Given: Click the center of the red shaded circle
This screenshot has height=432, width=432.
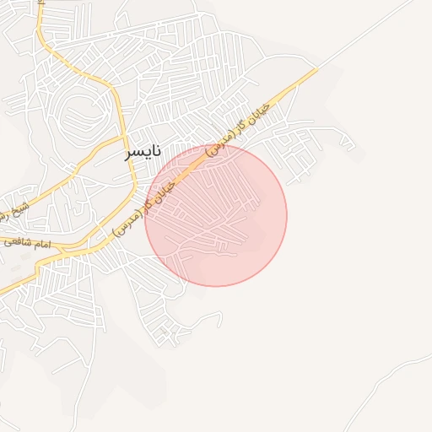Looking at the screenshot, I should click(216, 215).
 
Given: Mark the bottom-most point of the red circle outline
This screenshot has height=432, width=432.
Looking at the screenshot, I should click(216, 286).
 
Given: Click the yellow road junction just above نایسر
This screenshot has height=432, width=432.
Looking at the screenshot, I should click(123, 135).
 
